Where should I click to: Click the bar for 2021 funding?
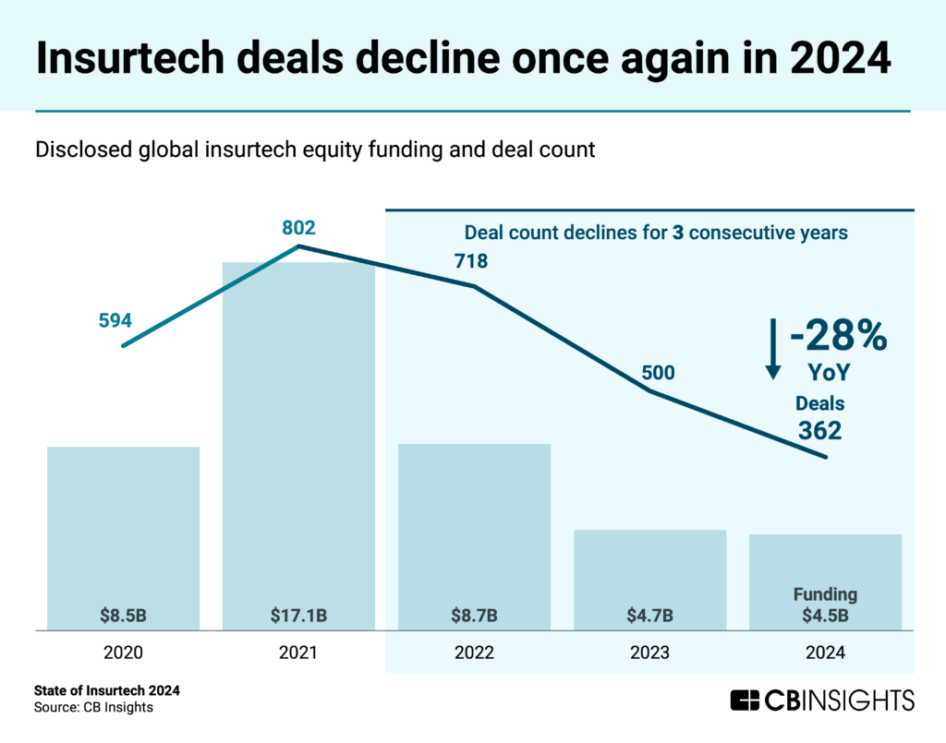click(298, 434)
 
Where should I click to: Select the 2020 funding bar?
click(123, 526)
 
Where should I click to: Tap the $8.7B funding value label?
click(474, 615)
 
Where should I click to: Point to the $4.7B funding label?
click(649, 615)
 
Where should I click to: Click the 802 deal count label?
click(299, 227)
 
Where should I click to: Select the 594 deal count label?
click(115, 321)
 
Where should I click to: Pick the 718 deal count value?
click(469, 261)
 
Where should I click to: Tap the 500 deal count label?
click(659, 373)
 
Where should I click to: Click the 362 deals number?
click(820, 430)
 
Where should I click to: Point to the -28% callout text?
click(837, 336)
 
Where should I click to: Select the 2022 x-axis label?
click(474, 653)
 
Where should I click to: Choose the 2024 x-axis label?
click(825, 653)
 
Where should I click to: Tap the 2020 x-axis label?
click(123, 653)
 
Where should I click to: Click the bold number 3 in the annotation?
click(678, 233)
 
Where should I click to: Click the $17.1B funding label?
click(298, 615)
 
